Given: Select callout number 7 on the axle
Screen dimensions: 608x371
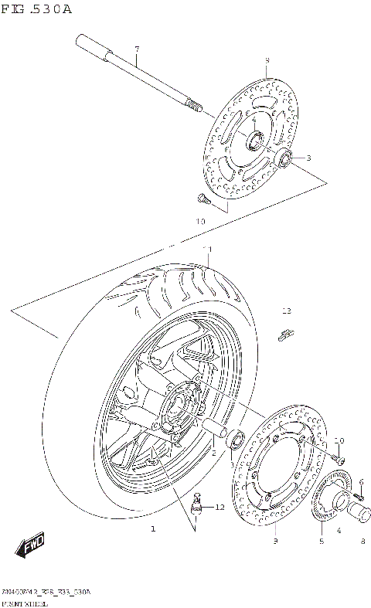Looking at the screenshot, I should coord(136,49).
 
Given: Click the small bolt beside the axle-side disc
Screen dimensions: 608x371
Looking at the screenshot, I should coord(203,199).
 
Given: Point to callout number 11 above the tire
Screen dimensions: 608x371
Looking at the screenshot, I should coord(207,249).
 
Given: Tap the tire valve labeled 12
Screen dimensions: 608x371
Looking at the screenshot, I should coord(196,503).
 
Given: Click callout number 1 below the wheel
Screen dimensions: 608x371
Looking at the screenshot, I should coord(152,529).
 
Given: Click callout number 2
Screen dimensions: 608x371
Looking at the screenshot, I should coord(214,454).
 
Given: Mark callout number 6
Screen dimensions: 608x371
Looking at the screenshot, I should coord(361,481).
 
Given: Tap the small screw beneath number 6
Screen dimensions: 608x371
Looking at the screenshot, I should coord(357,495).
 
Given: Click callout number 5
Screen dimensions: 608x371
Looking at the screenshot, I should coord(321,542).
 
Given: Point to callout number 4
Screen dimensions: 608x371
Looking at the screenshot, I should coord(338,530).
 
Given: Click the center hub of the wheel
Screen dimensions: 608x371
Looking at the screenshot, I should coord(179,406).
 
